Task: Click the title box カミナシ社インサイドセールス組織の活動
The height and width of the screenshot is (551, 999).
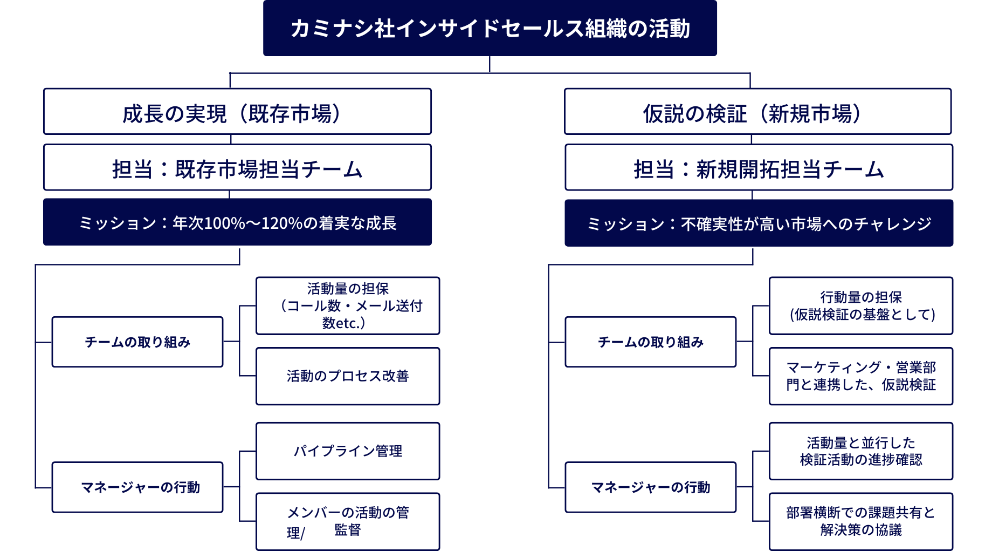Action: point(490,28)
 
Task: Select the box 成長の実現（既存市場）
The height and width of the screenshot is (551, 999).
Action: point(237,112)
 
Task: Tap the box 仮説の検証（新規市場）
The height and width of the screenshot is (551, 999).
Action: point(757,112)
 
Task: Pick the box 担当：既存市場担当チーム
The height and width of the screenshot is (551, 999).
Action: point(237,167)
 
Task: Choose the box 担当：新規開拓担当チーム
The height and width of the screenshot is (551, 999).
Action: point(759,167)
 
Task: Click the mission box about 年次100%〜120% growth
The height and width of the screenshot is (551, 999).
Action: point(237,222)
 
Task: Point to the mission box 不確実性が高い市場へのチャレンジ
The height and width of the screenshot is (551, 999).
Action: point(759,223)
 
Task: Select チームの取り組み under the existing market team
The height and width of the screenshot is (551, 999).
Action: point(137,342)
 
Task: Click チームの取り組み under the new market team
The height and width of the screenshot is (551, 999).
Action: point(651,342)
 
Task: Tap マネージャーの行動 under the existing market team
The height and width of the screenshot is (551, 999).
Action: point(137,487)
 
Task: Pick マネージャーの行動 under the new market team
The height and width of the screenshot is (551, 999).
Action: point(651,487)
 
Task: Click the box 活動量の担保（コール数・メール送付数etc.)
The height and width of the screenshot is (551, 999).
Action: point(348,306)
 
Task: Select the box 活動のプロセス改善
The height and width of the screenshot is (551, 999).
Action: point(348,376)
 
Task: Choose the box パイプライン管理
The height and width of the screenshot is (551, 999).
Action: point(348,451)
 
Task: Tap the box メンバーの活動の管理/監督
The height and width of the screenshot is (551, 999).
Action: point(348,521)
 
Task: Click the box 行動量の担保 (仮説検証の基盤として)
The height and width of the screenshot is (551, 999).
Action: point(861,306)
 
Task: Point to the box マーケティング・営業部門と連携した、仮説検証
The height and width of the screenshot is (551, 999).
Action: point(861,376)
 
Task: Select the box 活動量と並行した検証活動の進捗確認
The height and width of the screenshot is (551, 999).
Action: point(861,451)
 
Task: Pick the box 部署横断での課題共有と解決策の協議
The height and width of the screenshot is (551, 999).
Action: point(861,521)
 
